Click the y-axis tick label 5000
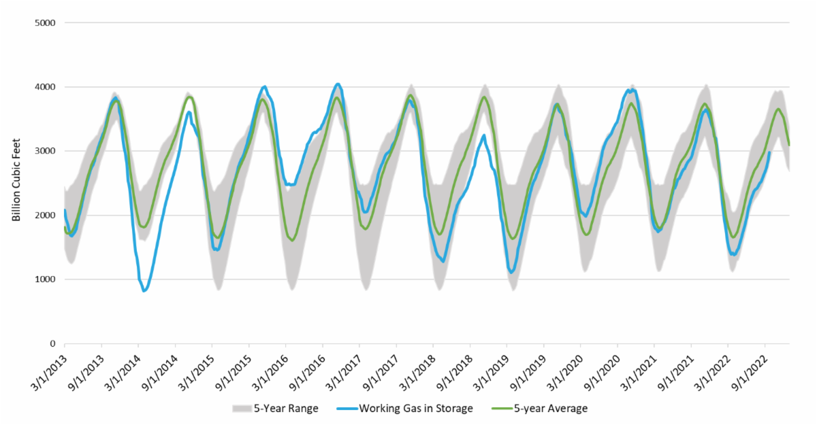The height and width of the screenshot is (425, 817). click(45, 22)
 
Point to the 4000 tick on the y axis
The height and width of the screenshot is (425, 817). click(45, 87)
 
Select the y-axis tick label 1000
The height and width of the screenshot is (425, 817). click(45, 279)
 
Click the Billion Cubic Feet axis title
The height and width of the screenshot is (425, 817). click(16, 183)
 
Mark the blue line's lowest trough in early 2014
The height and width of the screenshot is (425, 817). click(144, 291)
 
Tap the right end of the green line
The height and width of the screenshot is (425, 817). click(789, 145)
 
